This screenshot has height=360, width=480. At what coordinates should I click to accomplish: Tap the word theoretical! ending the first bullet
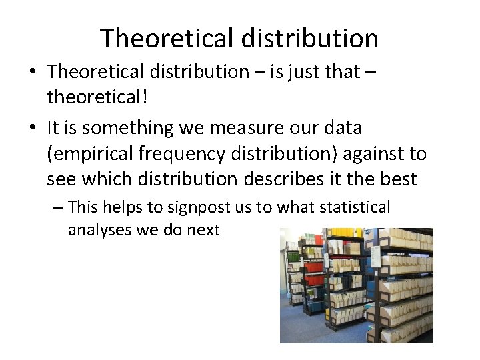97,98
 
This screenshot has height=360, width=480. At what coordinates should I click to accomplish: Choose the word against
375,153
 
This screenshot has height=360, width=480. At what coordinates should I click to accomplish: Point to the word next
203,231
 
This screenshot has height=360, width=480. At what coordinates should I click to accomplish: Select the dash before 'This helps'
57,207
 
